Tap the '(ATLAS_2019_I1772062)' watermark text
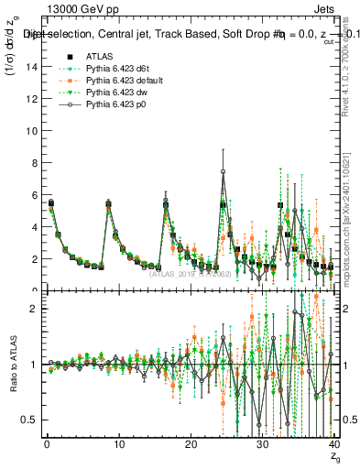click(x=189, y=273)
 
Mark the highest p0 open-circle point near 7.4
click(x=223, y=171)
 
